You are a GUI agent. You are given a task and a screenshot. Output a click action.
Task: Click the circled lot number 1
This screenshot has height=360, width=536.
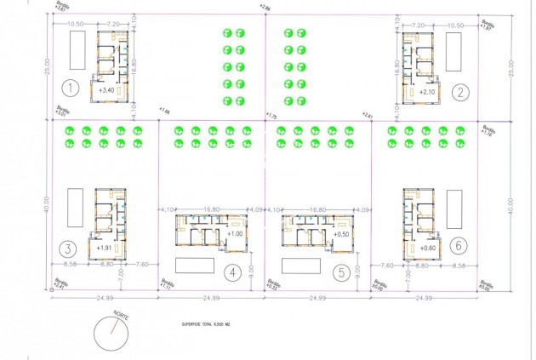[x=71, y=87]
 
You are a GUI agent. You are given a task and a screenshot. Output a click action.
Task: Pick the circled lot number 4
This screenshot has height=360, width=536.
[x=231, y=272]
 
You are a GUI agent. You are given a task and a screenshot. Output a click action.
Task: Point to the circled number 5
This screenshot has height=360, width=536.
[x=340, y=272]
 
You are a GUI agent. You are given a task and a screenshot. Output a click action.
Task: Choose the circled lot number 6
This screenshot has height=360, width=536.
[x=459, y=245]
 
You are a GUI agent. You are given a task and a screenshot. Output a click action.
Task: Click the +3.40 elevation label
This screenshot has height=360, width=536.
[x=106, y=89]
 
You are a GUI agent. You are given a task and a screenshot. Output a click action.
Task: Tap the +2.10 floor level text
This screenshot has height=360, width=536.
[x=426, y=91]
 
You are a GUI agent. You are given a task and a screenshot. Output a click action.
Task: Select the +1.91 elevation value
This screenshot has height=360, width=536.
[x=105, y=248]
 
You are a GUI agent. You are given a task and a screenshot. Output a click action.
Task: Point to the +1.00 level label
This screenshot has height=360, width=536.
[x=236, y=234]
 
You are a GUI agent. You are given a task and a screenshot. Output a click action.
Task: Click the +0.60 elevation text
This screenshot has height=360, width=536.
[x=427, y=248]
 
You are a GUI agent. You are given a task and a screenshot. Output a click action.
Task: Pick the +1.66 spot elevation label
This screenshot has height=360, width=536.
[x=163, y=111]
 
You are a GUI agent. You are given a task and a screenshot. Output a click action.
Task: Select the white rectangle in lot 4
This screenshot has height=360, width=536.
[x=194, y=264]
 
